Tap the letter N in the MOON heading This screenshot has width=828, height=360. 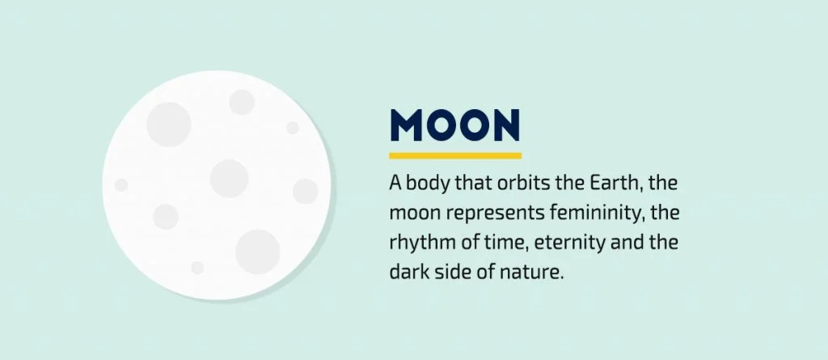pyautogui.click(x=504, y=125)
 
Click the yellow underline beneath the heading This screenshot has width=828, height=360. pyautogui.click(x=455, y=155)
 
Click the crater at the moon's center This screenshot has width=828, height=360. pyautogui.click(x=229, y=178)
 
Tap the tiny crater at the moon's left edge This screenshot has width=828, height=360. pyautogui.click(x=121, y=185)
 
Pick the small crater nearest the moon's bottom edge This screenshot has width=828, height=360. pyautogui.click(x=197, y=268)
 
